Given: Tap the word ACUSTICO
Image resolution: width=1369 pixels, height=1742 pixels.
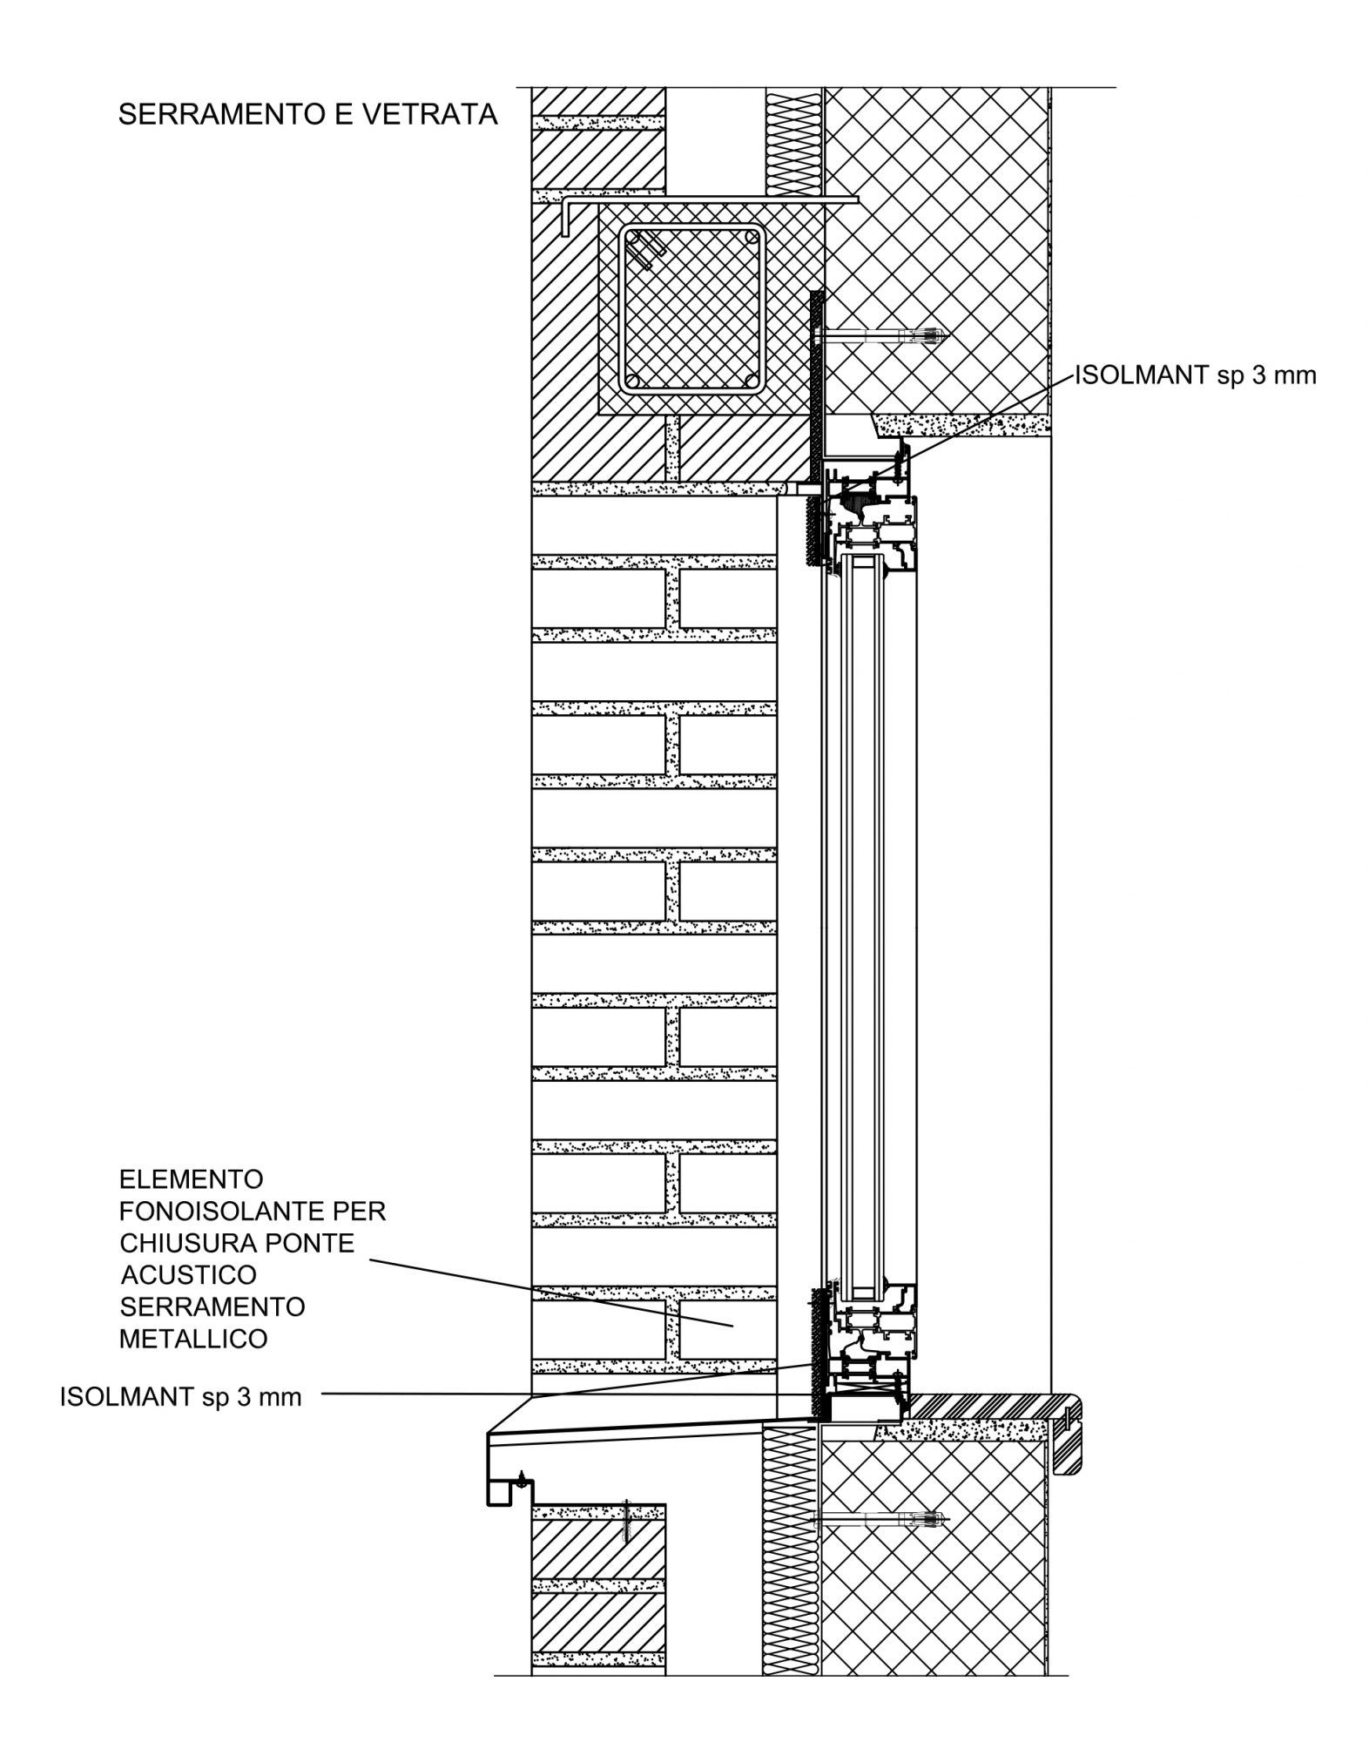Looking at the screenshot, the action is click(189, 1275).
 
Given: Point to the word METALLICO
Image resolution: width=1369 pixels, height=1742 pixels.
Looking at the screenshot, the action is click(193, 1339).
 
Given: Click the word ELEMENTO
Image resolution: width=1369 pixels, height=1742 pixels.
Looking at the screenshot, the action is click(192, 1179).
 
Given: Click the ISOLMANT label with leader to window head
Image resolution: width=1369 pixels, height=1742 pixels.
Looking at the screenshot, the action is click(1196, 375).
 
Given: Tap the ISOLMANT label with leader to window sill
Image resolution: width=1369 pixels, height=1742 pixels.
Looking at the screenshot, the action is click(181, 1397).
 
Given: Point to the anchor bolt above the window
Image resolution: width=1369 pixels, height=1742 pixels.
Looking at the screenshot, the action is click(887, 335).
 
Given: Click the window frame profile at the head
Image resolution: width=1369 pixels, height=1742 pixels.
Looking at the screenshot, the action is click(871, 514).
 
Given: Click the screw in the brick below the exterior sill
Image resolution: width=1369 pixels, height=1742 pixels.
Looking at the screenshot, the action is click(625, 1523).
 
